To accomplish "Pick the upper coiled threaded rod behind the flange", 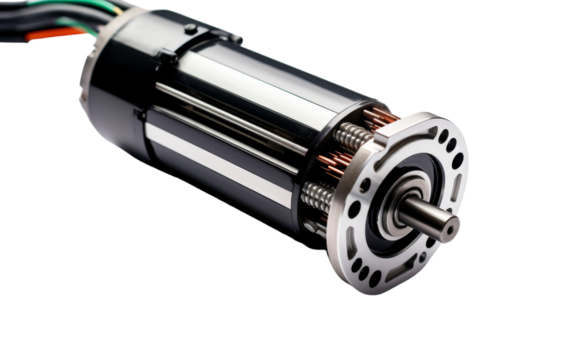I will (349, 134).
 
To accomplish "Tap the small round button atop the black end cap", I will (190, 31).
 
